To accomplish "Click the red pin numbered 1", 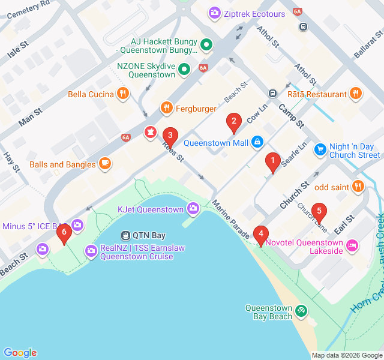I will tap(273, 161).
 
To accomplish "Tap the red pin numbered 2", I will tap(234, 121).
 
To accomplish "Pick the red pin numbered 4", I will tap(260, 233).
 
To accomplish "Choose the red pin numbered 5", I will tap(319, 211).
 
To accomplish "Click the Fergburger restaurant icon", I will tap(167, 108).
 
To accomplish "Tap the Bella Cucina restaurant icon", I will tap(123, 93).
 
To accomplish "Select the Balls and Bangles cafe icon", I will tap(105, 164).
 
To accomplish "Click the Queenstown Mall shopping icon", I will tap(257, 142).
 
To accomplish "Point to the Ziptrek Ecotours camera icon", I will tap(214, 12).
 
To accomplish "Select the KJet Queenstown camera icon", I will tap(193, 209).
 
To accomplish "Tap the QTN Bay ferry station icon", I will tap(127, 235).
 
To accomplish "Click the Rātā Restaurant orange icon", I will tap(356, 94).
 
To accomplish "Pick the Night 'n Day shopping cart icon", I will tap(320, 148).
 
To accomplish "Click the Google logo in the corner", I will tap(20, 352).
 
